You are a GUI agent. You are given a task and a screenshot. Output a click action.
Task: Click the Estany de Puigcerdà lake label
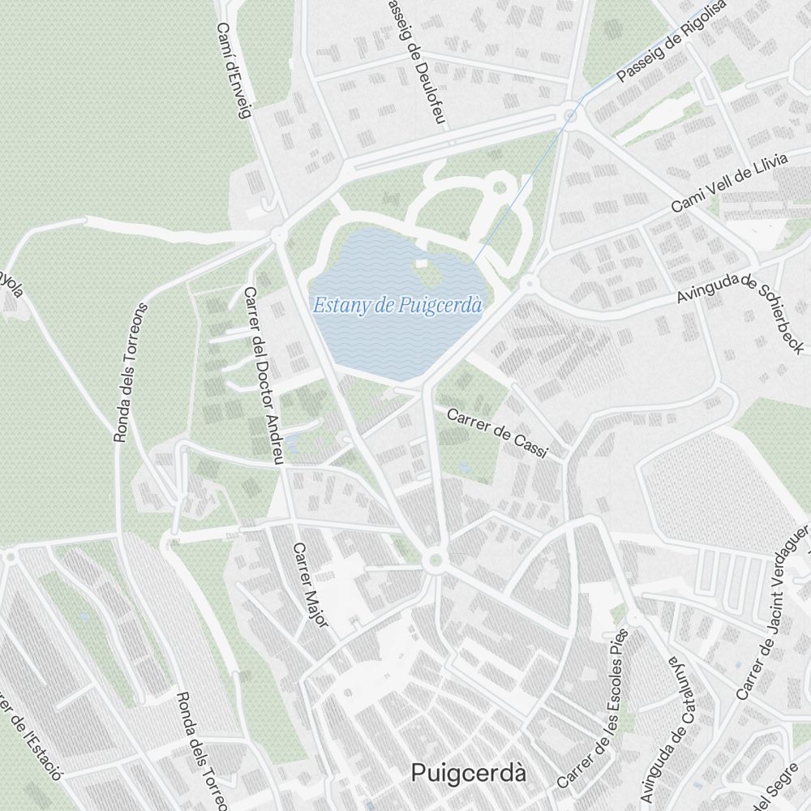click(x=397, y=306)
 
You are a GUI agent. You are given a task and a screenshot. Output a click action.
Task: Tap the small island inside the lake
click(x=419, y=263)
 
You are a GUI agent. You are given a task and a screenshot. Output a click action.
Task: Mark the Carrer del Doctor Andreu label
click(x=264, y=375)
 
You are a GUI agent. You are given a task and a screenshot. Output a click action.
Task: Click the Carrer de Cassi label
click(x=498, y=431)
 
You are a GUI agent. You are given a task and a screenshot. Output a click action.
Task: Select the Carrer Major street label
click(x=310, y=584)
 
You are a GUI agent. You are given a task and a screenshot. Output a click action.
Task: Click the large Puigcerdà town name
click(x=468, y=773)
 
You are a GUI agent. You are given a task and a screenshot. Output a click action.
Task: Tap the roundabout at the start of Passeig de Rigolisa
click(x=571, y=116)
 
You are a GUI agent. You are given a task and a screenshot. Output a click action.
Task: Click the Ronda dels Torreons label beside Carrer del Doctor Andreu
click(x=131, y=372)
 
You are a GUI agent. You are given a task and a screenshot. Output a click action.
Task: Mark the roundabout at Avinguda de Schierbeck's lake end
click(x=530, y=283)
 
